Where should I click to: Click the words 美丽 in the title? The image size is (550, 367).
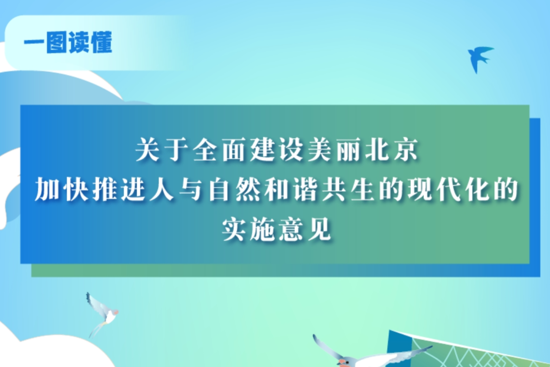click(x=335, y=150)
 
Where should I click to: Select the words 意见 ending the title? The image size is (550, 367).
click(x=305, y=229)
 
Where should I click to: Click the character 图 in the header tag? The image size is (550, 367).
click(x=57, y=43)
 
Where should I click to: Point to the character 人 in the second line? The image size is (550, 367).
click(x=162, y=190)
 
